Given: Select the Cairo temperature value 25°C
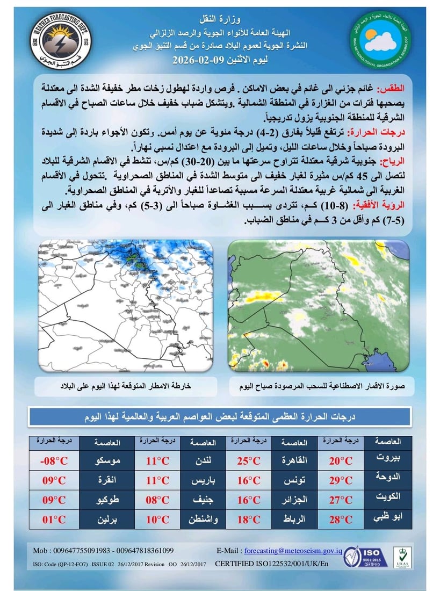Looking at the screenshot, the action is (249, 461).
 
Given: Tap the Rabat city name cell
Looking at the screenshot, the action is (295, 520).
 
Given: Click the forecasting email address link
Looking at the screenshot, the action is (293, 551).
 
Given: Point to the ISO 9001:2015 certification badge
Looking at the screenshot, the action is (366, 557).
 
